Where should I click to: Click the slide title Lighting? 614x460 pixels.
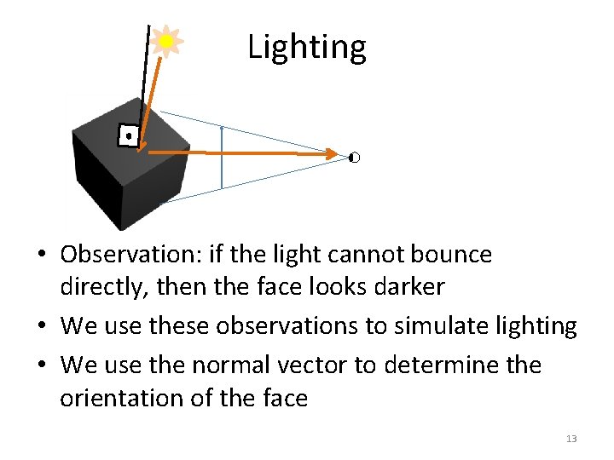(x=307, y=47)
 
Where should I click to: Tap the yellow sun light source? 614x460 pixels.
(x=166, y=41)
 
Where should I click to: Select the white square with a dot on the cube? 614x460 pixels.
(x=128, y=135)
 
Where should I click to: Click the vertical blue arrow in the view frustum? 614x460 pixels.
(x=222, y=158)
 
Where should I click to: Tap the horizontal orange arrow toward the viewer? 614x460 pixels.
(x=239, y=153)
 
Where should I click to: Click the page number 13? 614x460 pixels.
(x=571, y=439)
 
